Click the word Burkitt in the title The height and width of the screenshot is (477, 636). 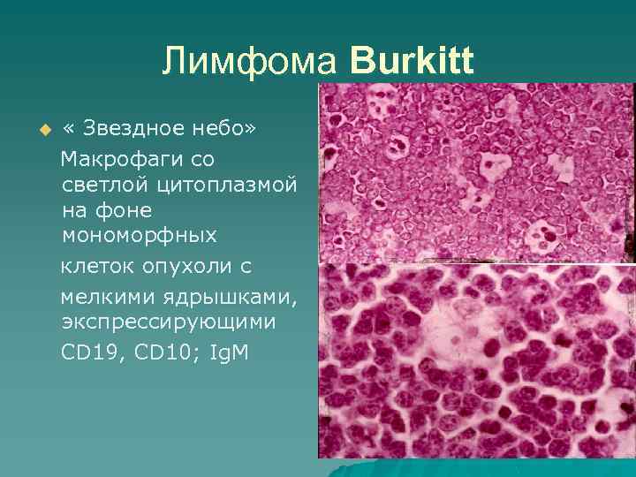tap(412, 62)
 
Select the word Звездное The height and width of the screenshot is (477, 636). tap(135, 130)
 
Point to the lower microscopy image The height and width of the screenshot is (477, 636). tap(476, 361)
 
